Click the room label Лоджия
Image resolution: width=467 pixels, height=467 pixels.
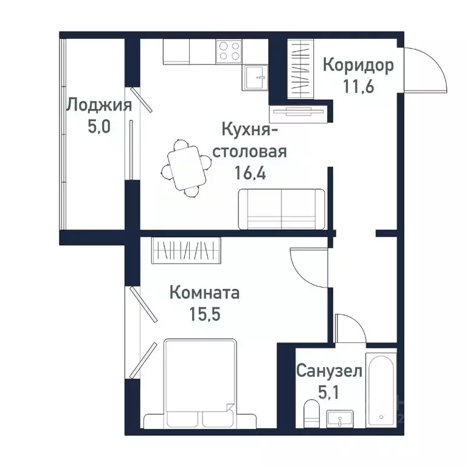[x=99, y=105]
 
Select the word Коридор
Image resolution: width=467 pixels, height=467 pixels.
[x=358, y=65]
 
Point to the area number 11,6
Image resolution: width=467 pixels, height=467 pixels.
[x=358, y=85]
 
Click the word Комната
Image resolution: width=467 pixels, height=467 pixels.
[x=204, y=293]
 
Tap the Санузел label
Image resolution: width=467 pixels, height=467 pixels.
[x=329, y=370]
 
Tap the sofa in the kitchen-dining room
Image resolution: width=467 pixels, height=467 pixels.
[x=282, y=209]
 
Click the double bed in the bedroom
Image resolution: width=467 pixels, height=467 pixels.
[x=200, y=383]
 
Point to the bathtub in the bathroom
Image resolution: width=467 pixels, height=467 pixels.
[x=381, y=387]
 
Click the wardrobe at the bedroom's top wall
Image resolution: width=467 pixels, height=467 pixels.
[x=187, y=250]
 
